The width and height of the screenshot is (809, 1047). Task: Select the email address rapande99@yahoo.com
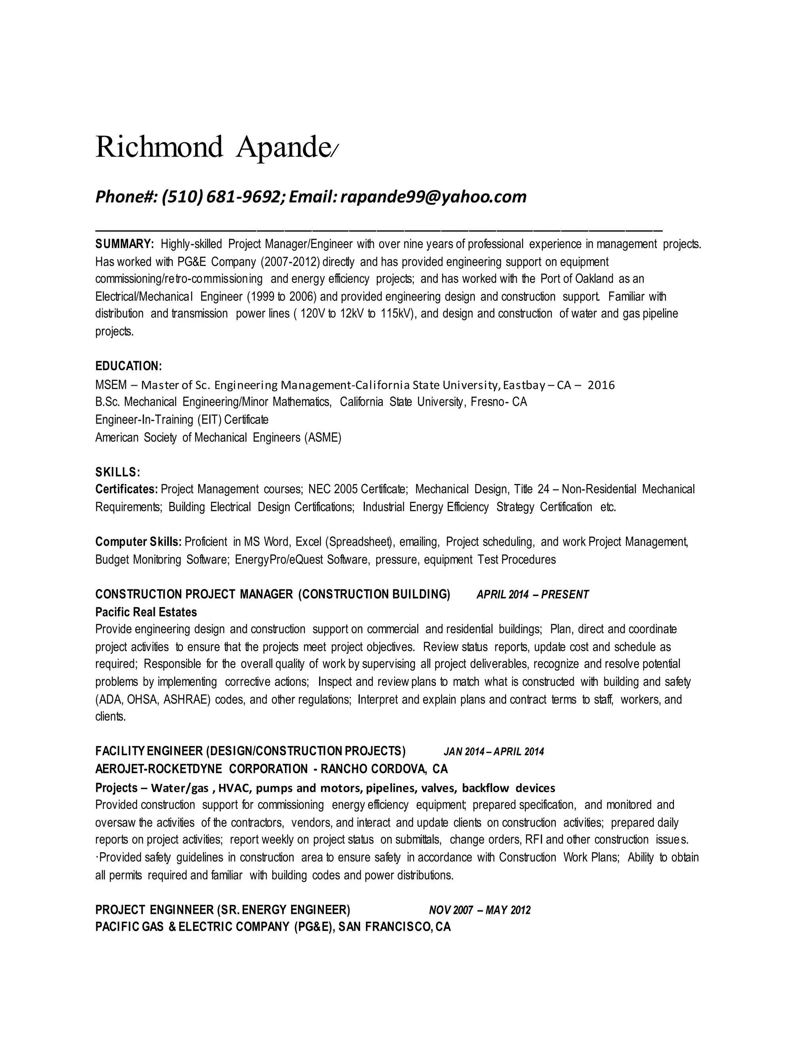(x=433, y=196)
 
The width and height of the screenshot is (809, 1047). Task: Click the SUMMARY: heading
(x=124, y=244)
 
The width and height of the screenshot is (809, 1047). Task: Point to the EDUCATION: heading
(x=128, y=366)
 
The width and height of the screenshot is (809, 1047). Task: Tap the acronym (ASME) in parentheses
(x=323, y=437)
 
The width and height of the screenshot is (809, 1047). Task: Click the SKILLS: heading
(x=117, y=472)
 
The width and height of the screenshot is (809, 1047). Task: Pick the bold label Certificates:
(x=126, y=490)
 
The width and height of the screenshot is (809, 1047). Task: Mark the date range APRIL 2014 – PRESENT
(x=532, y=595)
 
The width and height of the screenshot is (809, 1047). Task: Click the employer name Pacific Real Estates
(x=146, y=612)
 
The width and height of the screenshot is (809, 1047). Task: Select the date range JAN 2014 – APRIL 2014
(x=494, y=751)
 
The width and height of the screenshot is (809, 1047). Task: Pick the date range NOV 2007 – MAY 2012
(x=479, y=910)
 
